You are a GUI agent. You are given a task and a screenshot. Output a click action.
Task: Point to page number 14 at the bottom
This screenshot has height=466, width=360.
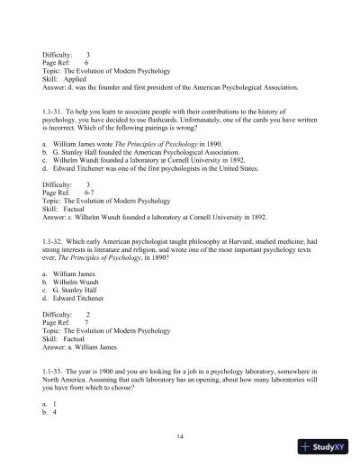[x=180, y=435]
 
